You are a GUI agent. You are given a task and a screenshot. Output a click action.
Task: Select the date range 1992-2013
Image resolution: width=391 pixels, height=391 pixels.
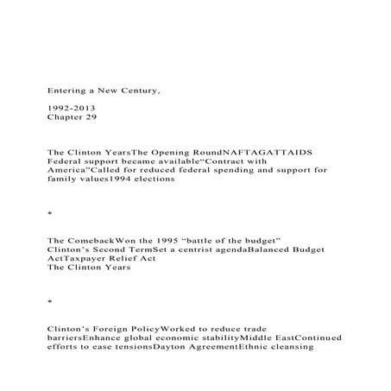[70, 104]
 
